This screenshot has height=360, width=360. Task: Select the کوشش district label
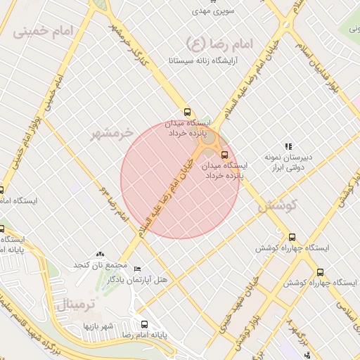(x=278, y=206)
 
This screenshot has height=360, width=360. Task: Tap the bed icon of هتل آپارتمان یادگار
(x=137, y=269)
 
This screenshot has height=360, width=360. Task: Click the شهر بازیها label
(x=98, y=326)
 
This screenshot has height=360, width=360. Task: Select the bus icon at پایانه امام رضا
(x=144, y=324)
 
